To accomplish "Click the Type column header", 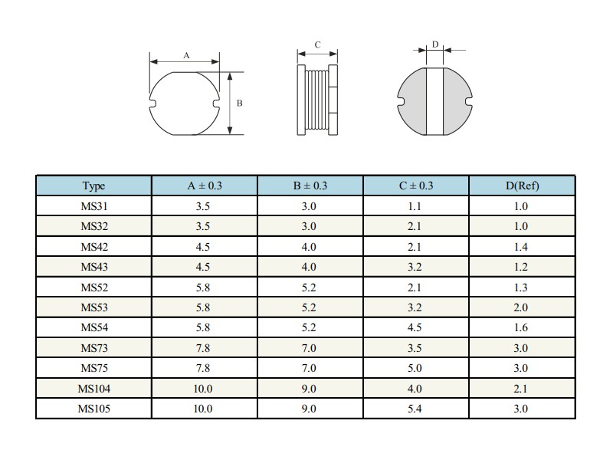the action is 93,186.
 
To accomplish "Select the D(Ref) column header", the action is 522,186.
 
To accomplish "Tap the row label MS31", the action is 93,206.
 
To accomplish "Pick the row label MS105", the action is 93,409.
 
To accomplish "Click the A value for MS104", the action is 203,389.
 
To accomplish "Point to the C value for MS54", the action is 415,327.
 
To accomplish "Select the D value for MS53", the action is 521,307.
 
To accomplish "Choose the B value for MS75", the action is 309,368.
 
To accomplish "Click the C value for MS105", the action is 415,409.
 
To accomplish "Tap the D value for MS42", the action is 521,247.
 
